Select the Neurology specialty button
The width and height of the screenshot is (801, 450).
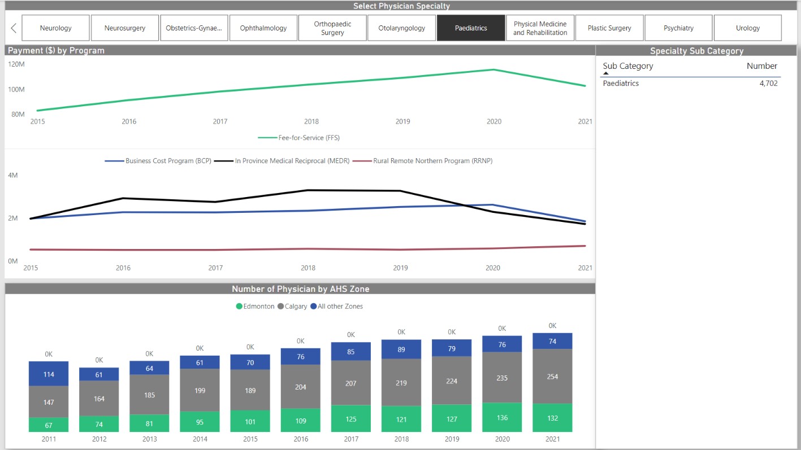click(56, 28)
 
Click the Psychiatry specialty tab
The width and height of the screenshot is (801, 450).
click(678, 28)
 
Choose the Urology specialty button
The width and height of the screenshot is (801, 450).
click(747, 28)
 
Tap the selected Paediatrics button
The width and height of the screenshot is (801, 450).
click(470, 28)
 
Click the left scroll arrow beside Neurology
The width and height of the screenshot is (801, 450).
click(14, 28)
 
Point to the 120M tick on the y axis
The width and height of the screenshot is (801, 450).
click(17, 64)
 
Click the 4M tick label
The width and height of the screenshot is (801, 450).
click(13, 175)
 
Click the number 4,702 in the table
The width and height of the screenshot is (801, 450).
click(768, 84)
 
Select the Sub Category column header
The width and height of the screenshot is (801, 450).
click(627, 66)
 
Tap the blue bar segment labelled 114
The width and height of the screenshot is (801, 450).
click(49, 374)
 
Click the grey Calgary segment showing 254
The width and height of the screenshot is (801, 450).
click(552, 376)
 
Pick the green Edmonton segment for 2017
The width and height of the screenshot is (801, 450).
click(351, 418)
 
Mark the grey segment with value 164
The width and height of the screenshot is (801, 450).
click(99, 398)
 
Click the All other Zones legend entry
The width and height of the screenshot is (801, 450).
click(340, 307)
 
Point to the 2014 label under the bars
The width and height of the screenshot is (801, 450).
click(200, 439)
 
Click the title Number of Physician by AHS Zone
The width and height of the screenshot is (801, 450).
click(300, 289)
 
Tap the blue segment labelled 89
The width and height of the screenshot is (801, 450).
click(401, 349)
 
